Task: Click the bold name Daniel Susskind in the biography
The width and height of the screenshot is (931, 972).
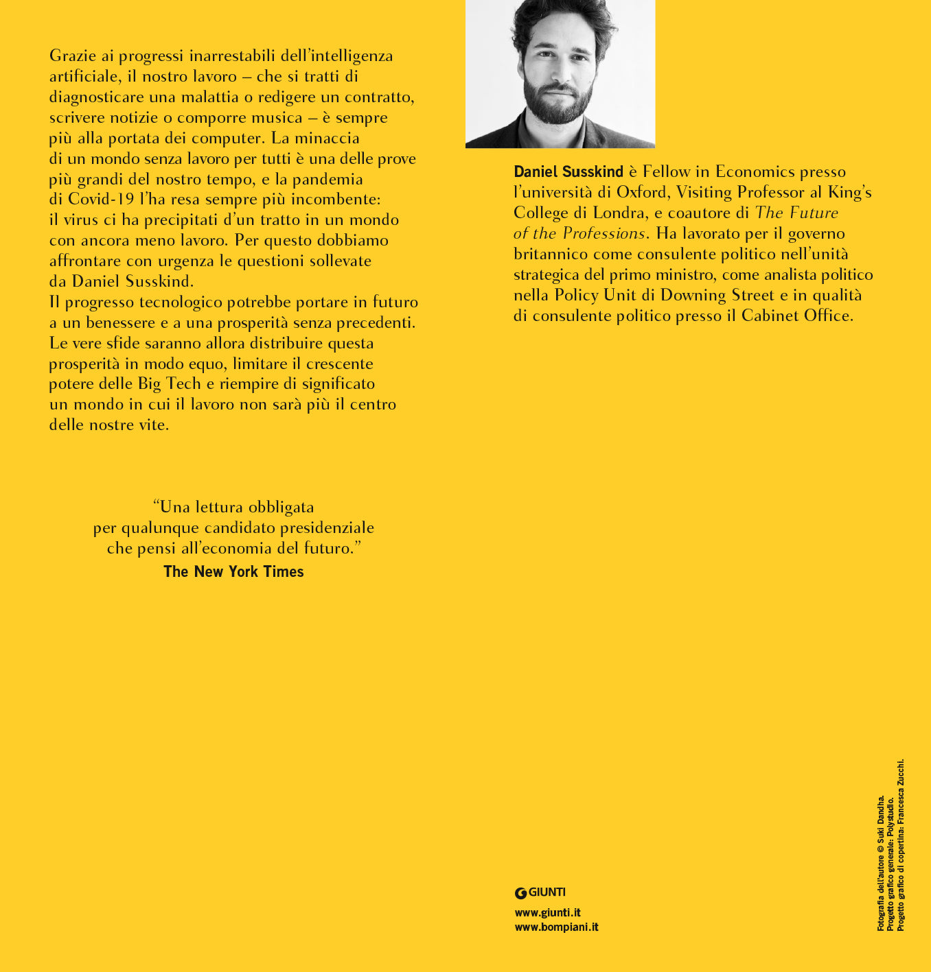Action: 568,172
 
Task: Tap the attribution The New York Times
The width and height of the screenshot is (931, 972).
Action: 233,571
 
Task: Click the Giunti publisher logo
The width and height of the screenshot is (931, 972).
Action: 540,892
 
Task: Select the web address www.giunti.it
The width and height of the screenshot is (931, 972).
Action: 548,912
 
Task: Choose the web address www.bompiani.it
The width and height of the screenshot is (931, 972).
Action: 556,927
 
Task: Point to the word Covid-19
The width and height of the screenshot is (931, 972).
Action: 101,200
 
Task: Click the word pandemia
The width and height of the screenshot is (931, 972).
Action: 327,179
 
